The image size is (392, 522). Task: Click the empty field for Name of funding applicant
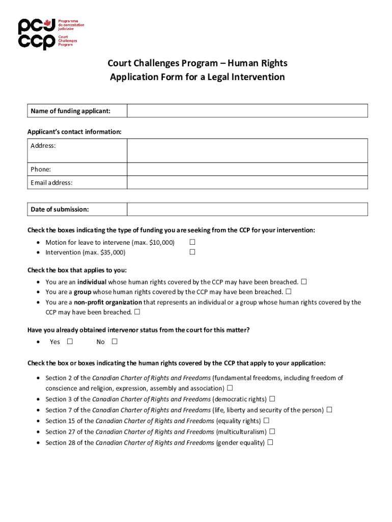pyautogui.click(x=247, y=111)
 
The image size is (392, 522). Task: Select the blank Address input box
pyautogui.click(x=247, y=150)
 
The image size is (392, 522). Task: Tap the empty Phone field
pyautogui.click(x=247, y=169)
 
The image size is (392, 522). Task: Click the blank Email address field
pyautogui.click(x=247, y=182)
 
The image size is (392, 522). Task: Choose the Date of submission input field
pyautogui.click(x=247, y=210)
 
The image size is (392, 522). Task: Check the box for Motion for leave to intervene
pyautogui.click(x=192, y=242)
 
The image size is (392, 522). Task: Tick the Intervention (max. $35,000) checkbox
pyautogui.click(x=192, y=252)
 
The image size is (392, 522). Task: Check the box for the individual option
pyautogui.click(x=304, y=281)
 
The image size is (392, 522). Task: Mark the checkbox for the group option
pyautogui.click(x=289, y=292)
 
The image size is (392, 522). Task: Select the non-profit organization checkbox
pyautogui.click(x=137, y=312)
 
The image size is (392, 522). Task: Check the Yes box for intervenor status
pyautogui.click(x=69, y=342)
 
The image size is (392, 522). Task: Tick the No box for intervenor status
pyautogui.click(x=115, y=342)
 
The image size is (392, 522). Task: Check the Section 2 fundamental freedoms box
pyautogui.click(x=230, y=388)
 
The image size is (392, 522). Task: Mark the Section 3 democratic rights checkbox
pyautogui.click(x=272, y=399)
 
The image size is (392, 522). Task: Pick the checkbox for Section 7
pyautogui.click(x=329, y=409)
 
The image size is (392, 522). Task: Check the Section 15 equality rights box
pyautogui.click(x=266, y=421)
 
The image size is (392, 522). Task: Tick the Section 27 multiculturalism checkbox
pyautogui.click(x=272, y=431)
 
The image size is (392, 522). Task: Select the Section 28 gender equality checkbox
pyautogui.click(x=270, y=442)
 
